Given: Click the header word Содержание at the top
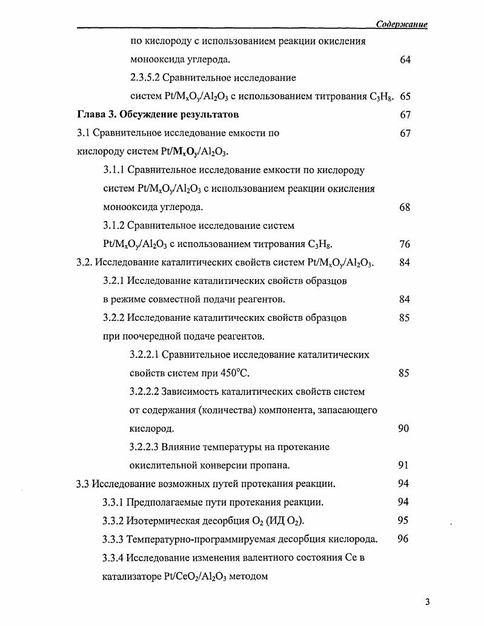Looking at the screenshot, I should pyautogui.click(x=402, y=24).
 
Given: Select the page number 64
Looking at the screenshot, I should pyautogui.click(x=405, y=60).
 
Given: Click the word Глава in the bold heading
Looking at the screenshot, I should pyautogui.click(x=91, y=114).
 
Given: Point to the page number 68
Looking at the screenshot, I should pyautogui.click(x=405, y=207).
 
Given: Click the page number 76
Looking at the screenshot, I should pyautogui.click(x=405, y=244).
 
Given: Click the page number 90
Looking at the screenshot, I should pyautogui.click(x=403, y=429).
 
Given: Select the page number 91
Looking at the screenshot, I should pyautogui.click(x=403, y=466).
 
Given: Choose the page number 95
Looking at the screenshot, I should pyautogui.click(x=403, y=520).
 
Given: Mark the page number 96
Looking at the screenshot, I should pyautogui.click(x=403, y=539).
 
